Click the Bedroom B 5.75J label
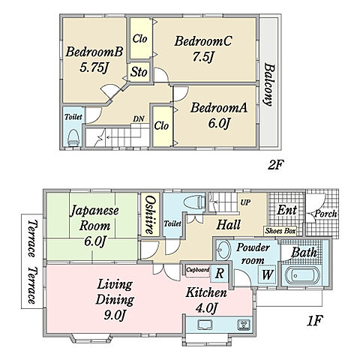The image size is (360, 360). point(94,60)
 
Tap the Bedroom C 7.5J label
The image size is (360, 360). point(203,49)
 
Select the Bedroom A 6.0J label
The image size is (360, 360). point(219,115)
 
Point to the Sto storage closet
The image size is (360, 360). point(139,72)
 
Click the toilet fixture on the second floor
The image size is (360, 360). point(73,138)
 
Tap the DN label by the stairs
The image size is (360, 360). point(139,118)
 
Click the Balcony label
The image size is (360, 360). point(269,85)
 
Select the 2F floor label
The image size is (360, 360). point(276,165)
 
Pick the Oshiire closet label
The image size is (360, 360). point(150,214)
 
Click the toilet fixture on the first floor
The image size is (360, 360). point(194,202)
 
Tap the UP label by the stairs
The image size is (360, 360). point(245,202)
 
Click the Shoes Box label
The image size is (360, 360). point(280,231)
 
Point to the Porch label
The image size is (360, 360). point(325,214)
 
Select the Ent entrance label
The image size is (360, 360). point(286,210)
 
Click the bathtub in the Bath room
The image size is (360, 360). point(301,276)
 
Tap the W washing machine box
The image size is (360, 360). point(267,274)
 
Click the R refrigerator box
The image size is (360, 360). point(220,273)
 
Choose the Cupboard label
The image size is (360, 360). point(198,270)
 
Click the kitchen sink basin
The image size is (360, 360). point(205,325)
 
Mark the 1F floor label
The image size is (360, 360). point(315,321)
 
